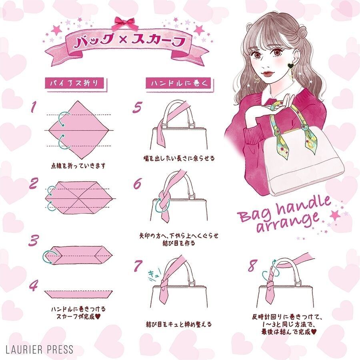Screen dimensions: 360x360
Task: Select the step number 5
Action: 138,107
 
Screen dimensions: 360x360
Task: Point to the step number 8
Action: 252,266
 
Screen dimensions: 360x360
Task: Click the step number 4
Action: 34,286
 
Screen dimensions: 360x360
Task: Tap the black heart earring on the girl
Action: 291,66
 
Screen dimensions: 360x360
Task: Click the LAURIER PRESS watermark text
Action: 39,349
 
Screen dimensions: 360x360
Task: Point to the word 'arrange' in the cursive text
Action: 288,222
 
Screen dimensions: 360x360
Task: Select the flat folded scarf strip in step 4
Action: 78,294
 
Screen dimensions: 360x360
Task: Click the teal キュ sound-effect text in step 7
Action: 154,275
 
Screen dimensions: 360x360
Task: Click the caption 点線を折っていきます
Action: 78,166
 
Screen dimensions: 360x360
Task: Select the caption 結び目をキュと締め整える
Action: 179,324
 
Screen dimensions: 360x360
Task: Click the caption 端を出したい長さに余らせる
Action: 179,158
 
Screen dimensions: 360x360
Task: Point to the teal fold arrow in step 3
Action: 49,256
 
